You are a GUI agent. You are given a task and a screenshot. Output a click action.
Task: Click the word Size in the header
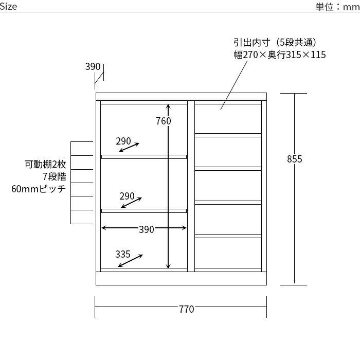(9, 6)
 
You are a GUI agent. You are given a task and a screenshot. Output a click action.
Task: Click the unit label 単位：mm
(337, 7)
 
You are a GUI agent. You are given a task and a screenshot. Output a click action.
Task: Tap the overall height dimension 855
(294, 159)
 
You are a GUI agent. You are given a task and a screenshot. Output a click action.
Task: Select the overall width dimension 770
(186, 309)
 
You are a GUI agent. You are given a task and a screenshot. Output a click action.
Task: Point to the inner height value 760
(163, 121)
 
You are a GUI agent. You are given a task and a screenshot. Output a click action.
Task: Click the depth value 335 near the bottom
(122, 254)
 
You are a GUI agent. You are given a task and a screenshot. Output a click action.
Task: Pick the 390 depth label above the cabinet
(93, 67)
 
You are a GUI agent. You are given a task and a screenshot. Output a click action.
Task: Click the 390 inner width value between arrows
(147, 229)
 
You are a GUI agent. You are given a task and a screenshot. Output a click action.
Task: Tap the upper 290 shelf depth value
(123, 141)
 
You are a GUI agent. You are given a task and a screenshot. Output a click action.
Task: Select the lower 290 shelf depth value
(127, 196)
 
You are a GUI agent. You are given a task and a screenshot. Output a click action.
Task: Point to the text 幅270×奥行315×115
(279, 55)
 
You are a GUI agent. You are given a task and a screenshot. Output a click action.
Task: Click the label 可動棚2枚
(46, 165)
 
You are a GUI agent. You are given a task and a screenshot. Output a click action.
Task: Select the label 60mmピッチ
(39, 189)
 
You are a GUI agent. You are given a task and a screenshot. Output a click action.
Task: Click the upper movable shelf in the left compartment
(144, 156)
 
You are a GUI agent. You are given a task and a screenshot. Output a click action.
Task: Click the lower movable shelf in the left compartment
(144, 210)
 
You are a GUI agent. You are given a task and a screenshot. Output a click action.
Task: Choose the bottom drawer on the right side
(228, 253)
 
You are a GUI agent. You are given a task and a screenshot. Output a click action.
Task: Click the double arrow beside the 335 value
(129, 261)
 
